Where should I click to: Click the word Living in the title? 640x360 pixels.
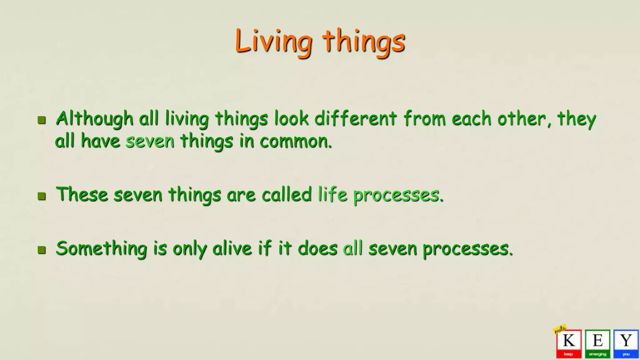[273, 41]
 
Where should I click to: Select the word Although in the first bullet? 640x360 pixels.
[95, 119]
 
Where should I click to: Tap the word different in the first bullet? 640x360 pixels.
[356, 119]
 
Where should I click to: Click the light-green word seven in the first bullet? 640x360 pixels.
[150, 141]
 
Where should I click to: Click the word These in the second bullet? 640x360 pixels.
[82, 194]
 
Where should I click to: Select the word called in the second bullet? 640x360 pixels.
[287, 194]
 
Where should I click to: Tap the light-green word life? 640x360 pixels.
[332, 194]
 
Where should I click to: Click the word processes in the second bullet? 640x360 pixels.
[396, 196]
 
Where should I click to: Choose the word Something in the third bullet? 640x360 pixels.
[101, 249]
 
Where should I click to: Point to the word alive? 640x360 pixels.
[232, 249]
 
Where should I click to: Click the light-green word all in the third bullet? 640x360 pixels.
[353, 249]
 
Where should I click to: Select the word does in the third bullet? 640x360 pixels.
[317, 249]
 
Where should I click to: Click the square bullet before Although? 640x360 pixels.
[42, 120]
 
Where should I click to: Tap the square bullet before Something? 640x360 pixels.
[42, 250]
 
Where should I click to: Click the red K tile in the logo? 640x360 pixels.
[569, 343]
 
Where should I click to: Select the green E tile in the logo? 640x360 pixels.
[597, 343]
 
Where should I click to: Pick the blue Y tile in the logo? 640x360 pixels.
[626, 343]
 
